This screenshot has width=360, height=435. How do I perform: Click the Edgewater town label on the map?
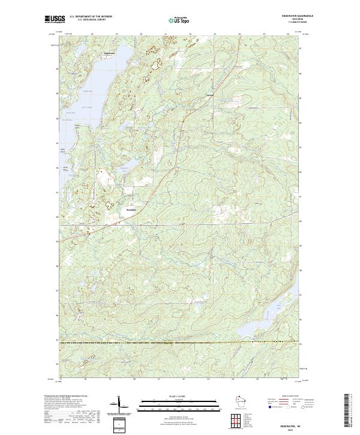pyautogui.click(x=110, y=54)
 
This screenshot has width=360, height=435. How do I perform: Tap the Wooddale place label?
pyautogui.click(x=131, y=209)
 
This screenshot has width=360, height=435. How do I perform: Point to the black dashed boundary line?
pyautogui.click(x=180, y=343)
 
